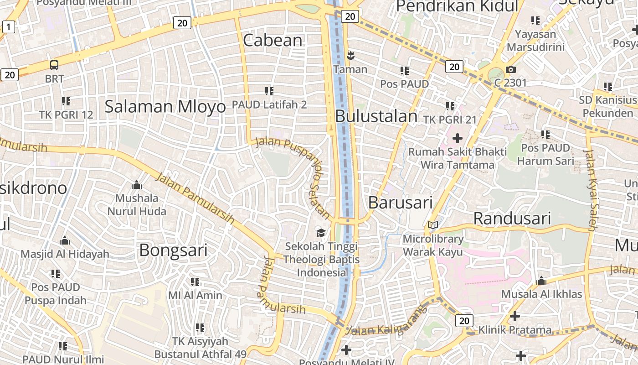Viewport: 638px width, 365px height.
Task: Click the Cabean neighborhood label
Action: click(273, 40)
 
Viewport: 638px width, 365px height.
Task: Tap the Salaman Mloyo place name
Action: click(165, 106)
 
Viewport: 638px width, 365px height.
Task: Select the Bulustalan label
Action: click(376, 116)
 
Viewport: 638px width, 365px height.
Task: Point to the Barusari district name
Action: click(400, 202)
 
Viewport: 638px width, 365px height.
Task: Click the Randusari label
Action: click(512, 218)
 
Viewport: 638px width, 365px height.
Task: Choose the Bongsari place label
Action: click(173, 250)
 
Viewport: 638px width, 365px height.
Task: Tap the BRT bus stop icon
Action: click(54, 65)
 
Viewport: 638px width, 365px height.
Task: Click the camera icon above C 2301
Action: click(510, 69)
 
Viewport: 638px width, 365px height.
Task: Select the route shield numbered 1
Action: click(8, 27)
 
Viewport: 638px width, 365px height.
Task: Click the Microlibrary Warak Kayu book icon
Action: click(432, 225)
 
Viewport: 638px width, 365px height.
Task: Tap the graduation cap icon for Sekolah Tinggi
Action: click(321, 233)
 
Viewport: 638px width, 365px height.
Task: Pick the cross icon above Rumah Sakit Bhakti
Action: click(457, 138)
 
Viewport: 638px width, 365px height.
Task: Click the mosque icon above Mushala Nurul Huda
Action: click(136, 185)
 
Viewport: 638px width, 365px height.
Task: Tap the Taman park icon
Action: click(350, 56)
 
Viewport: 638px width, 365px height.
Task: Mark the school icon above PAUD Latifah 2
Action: click(269, 91)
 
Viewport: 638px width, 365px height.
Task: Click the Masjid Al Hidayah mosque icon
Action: click(65, 240)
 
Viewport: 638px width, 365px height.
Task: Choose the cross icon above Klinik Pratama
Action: click(515, 316)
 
